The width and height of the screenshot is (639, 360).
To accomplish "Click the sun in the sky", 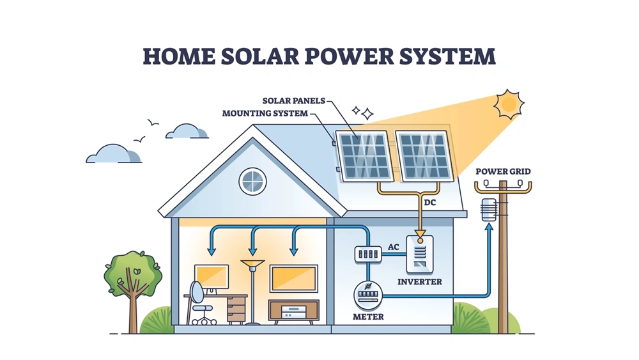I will (509, 104).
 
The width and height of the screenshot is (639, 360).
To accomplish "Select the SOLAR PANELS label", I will (294, 100).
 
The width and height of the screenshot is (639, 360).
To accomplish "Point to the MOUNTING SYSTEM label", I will (265, 113).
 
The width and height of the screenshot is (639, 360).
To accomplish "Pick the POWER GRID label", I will (504, 171).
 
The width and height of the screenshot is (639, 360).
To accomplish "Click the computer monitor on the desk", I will (212, 277).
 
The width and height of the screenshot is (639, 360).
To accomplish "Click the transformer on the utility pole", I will (489, 210).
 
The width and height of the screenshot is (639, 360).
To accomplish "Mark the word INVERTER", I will (419, 281).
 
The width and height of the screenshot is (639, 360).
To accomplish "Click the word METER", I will (368, 317).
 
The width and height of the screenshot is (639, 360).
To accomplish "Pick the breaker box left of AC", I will (367, 254).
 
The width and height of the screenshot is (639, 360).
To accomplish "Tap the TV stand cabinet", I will (293, 311).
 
